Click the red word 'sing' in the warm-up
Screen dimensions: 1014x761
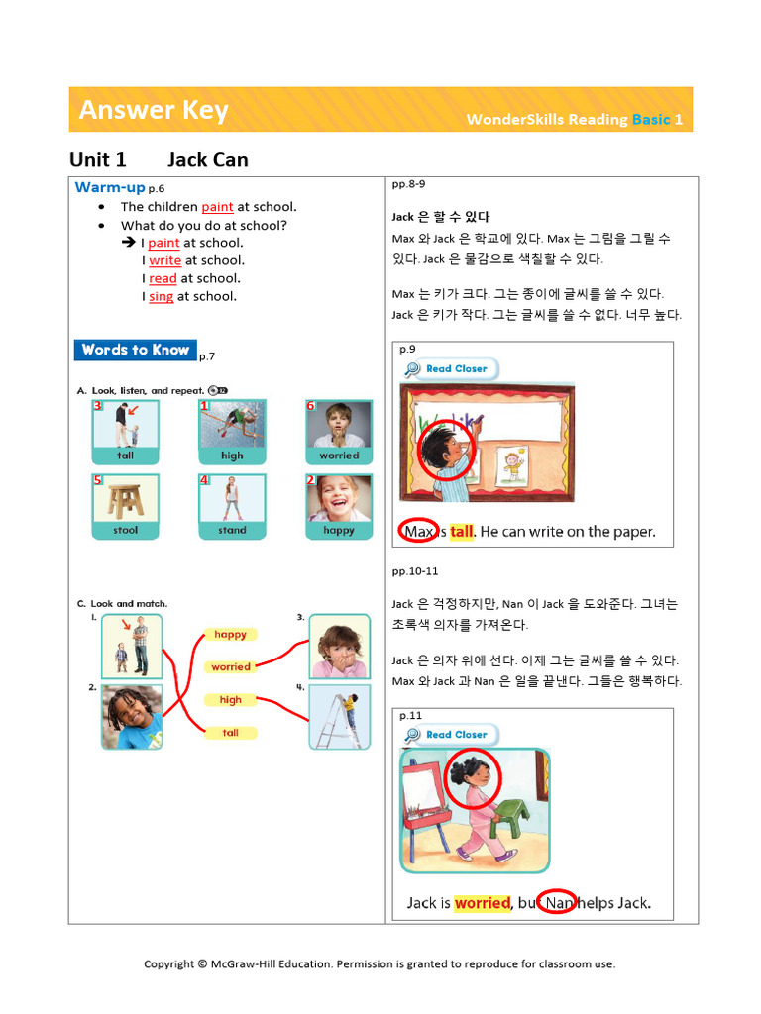coord(161,296)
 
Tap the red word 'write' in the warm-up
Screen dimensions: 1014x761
coord(164,260)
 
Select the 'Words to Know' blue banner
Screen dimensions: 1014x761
coord(136,350)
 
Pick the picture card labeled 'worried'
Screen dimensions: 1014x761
coord(339,432)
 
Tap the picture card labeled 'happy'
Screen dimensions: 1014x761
coord(339,506)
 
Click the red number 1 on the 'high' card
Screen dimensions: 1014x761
coord(204,406)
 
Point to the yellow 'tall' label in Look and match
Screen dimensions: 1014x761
coord(231,733)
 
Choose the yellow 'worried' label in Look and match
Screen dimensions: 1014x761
coord(231,667)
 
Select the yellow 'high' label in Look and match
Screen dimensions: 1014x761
coord(231,700)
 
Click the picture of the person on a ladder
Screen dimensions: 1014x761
coord(339,716)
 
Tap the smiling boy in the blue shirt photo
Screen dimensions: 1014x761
coord(132,716)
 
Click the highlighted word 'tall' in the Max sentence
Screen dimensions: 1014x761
coord(462,532)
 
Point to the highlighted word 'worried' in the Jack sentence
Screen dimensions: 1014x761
coord(483,903)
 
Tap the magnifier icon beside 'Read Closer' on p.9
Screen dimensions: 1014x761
coord(412,369)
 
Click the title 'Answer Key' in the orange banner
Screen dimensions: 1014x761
coord(154,110)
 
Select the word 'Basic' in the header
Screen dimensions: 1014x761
coord(651,120)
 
